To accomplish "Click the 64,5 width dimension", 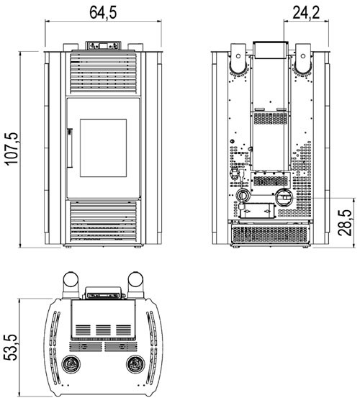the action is coord(103,13).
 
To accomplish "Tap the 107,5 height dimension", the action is coord(12,149).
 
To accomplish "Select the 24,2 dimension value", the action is coord(306,13).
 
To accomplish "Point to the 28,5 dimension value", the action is coord(345,222).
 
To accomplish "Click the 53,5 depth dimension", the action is coord(10,348).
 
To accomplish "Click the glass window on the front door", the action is coord(103,148).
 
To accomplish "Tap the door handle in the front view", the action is coord(70,148).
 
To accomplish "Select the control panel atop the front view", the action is coord(103,45).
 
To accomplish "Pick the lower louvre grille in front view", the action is coord(103,222).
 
